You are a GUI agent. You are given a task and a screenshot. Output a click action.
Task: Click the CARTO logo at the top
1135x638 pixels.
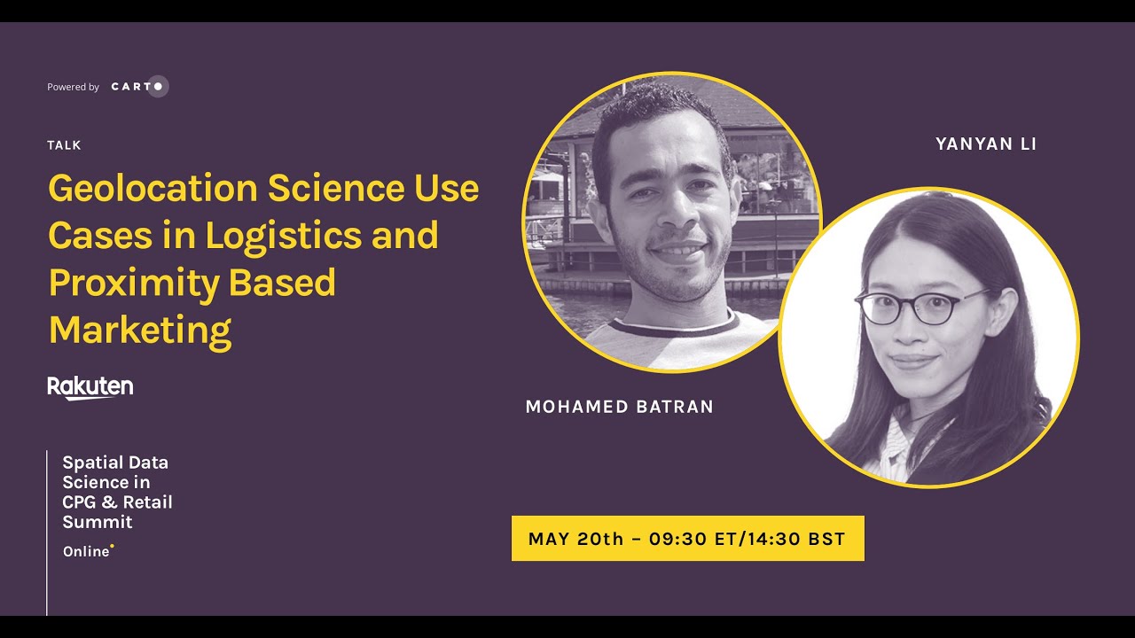pyautogui.click(x=139, y=87)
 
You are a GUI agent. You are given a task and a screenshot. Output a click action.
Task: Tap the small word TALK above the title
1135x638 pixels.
pyautogui.click(x=64, y=145)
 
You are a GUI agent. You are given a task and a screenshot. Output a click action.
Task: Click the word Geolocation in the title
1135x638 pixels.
pyautogui.click(x=153, y=189)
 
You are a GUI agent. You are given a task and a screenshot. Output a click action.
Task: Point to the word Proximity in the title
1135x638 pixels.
pyautogui.click(x=134, y=283)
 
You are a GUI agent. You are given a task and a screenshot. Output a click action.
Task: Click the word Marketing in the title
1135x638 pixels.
pyautogui.click(x=139, y=331)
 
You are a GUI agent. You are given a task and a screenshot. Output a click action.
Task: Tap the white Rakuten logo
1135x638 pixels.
pyautogui.click(x=90, y=387)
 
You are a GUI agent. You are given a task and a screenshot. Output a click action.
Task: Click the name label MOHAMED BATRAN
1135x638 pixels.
pyautogui.click(x=619, y=407)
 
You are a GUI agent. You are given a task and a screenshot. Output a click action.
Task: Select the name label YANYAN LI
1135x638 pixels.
pyautogui.click(x=986, y=144)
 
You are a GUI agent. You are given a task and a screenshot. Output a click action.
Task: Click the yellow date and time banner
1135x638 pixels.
pyautogui.click(x=687, y=538)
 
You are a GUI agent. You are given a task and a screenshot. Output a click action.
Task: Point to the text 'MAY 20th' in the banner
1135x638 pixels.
pyautogui.click(x=575, y=539)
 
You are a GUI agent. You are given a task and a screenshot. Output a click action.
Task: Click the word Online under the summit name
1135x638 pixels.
pyautogui.click(x=86, y=551)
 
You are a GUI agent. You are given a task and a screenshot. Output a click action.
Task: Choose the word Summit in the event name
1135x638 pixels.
pyautogui.click(x=98, y=522)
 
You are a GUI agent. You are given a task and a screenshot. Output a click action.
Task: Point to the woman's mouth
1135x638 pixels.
pyautogui.click(x=913, y=362)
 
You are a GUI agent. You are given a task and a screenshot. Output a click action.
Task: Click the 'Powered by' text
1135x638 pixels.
pyautogui.click(x=73, y=87)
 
